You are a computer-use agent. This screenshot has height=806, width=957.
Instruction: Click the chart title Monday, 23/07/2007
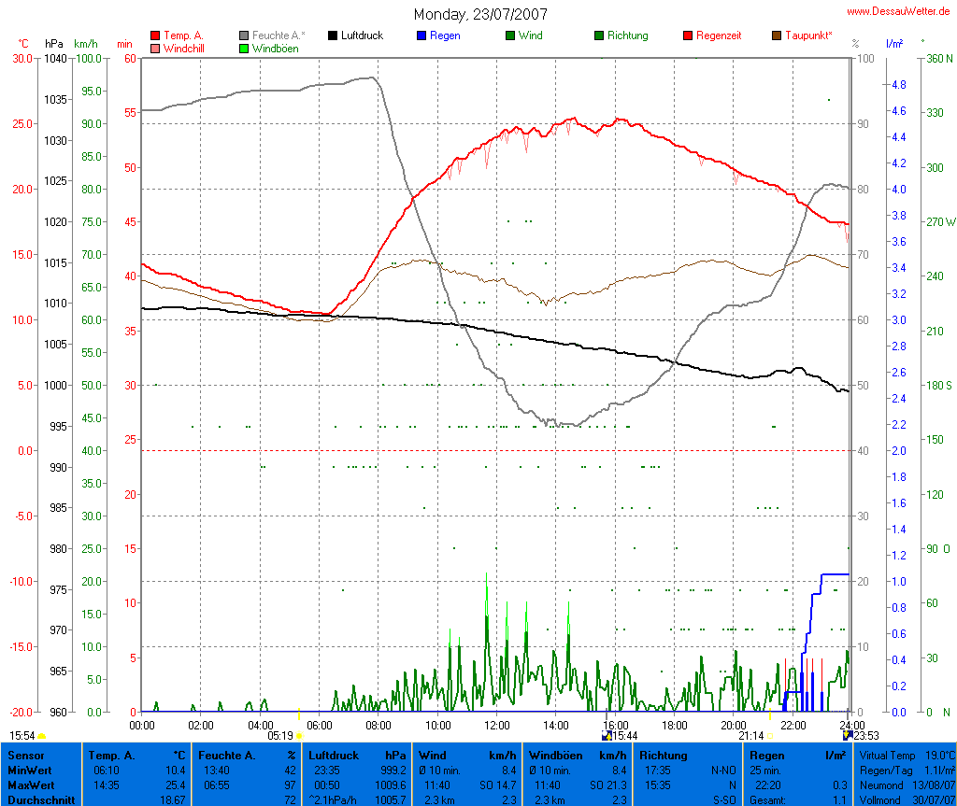coord(480,15)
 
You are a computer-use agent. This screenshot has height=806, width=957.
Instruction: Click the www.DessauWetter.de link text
coord(901,11)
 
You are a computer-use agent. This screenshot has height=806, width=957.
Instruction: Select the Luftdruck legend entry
coord(362,35)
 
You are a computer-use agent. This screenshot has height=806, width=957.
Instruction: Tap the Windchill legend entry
coord(183,48)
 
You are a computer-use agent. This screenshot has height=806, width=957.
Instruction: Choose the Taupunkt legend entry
coord(808,35)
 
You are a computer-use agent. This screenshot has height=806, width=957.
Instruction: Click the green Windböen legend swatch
coord(245,48)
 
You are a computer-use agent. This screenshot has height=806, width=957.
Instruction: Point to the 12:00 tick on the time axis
coord(496,725)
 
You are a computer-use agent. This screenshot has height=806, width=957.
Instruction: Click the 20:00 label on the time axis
coord(733,725)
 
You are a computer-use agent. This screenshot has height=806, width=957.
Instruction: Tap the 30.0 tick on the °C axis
coord(21,58)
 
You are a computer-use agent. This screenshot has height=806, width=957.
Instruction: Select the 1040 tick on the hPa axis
coord(54,58)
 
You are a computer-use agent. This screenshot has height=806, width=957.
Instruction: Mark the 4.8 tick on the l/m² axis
coord(899,84)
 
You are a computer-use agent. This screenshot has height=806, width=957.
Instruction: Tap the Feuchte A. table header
coord(224,756)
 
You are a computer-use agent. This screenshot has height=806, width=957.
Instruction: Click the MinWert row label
coord(31,771)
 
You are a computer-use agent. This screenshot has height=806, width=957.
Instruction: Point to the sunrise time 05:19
coord(280,736)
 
